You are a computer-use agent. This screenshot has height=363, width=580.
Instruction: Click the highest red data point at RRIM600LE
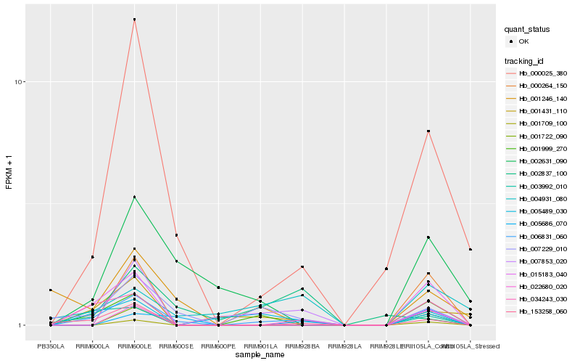click(134, 20)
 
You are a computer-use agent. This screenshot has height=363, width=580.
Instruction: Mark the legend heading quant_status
click(527, 30)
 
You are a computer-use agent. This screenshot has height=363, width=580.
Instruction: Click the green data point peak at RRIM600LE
click(134, 197)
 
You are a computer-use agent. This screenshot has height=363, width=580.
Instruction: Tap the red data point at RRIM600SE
click(176, 235)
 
